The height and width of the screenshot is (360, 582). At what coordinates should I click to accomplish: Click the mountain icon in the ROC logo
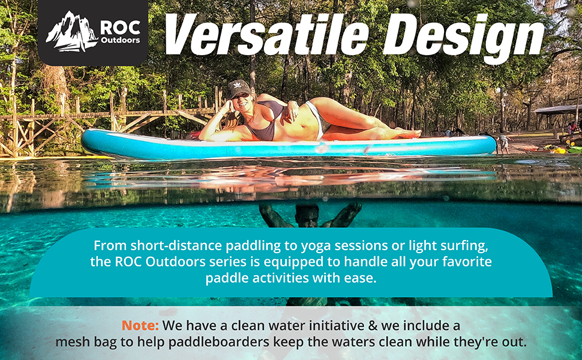(71, 32)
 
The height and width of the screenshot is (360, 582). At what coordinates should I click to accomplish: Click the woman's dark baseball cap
(238, 88)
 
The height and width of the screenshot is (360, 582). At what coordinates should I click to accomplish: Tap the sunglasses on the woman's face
(240, 97)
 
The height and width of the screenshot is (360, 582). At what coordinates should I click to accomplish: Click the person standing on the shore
(502, 143)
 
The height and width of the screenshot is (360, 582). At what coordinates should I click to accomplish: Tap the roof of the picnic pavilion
(557, 110)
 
